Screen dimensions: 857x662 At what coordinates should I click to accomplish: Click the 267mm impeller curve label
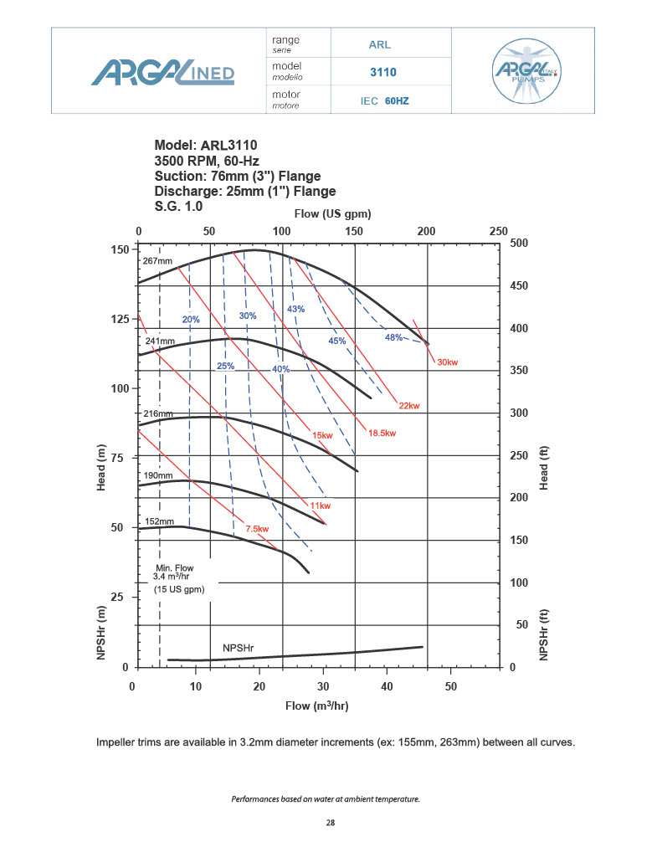pos(157,261)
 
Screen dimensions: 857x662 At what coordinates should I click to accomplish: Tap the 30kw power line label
pos(448,362)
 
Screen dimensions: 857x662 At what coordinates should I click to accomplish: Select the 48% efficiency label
pos(393,337)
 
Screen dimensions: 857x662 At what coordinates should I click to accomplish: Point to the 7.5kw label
pos(257,529)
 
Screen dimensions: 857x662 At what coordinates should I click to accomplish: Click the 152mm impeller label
pos(158,521)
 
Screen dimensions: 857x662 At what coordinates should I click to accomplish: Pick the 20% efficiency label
pos(191,319)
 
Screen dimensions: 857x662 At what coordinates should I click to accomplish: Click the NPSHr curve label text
pos(238,649)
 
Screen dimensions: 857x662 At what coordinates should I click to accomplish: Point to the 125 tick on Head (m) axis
pos(120,320)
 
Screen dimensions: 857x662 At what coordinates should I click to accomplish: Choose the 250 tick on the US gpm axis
pos(498,231)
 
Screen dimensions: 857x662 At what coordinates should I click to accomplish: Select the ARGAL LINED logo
pos(163,71)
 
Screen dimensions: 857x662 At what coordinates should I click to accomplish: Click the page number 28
pos(331,824)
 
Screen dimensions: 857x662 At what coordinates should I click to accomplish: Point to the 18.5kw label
pos(382,433)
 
